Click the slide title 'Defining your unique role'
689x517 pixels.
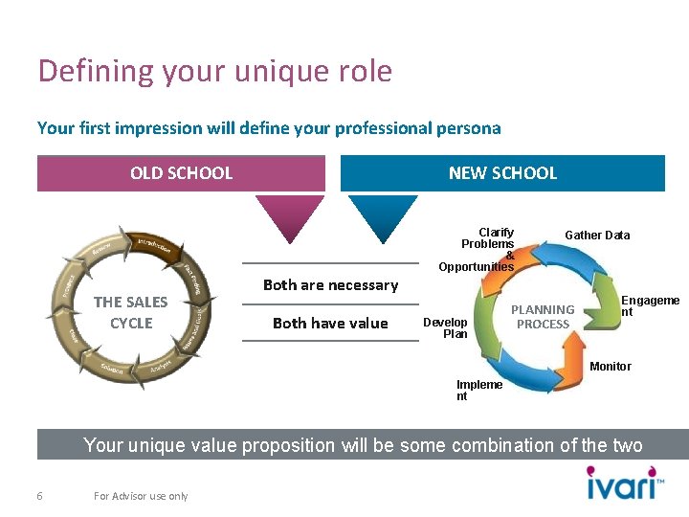tap(214, 71)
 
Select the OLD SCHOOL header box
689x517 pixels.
tap(181, 173)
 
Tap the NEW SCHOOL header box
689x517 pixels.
tap(502, 173)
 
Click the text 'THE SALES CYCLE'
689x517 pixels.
tap(131, 312)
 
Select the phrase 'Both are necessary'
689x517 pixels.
tap(330, 284)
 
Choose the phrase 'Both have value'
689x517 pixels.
tap(330, 323)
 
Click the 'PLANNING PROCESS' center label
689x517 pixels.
tap(543, 317)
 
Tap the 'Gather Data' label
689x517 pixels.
tap(597, 236)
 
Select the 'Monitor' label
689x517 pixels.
tap(611, 367)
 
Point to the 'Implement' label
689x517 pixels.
tap(478, 391)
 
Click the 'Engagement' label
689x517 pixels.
tap(651, 306)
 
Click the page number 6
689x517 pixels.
tap(39, 496)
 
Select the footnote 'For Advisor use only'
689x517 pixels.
tap(141, 496)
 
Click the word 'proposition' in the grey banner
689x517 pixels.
tap(288, 445)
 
